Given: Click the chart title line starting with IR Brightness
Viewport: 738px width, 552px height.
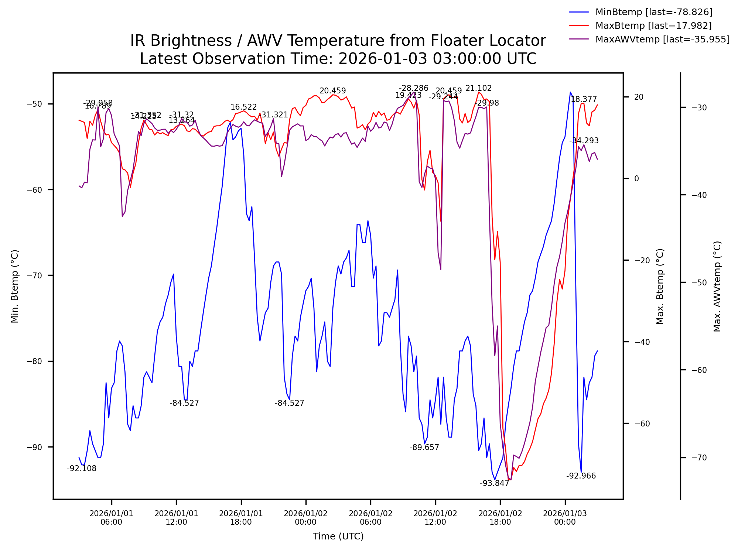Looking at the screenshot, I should (338, 41).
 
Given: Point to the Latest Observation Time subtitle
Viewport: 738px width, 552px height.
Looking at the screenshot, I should (338, 59).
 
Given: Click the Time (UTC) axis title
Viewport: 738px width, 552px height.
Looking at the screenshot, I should (338, 536).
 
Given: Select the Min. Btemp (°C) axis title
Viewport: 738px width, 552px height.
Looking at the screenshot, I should (15, 286).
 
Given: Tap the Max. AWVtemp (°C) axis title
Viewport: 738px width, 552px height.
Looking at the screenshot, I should (717, 286).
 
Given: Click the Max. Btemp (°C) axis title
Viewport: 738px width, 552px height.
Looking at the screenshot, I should (660, 286).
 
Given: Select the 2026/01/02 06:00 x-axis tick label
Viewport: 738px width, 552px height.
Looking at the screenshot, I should (370, 518).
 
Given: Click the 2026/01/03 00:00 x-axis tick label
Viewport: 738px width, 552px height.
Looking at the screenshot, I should (565, 518).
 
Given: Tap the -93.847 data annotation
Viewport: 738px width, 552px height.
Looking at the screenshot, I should (494, 483).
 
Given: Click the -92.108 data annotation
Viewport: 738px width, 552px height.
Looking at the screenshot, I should (81, 469).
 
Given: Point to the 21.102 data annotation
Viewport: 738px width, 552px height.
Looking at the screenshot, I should (478, 88).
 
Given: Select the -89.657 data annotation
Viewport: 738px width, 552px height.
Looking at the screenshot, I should (424, 448).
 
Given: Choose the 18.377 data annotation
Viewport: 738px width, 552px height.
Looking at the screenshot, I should (584, 99).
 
